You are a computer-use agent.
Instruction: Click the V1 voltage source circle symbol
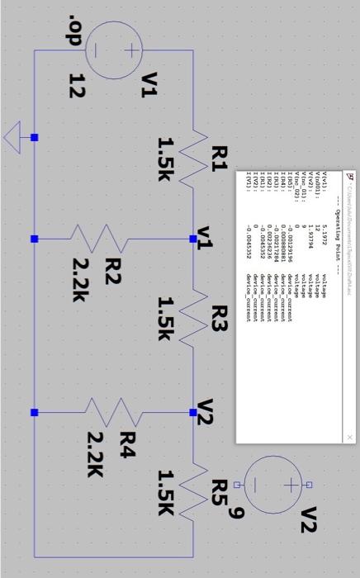(114, 50)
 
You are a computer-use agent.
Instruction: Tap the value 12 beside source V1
(77, 86)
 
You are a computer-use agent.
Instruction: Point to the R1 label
(218, 158)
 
